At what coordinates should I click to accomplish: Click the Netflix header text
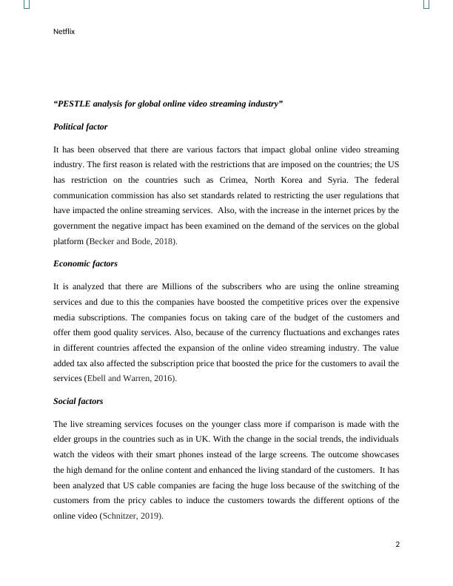(x=64, y=32)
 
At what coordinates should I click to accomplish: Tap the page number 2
(x=397, y=545)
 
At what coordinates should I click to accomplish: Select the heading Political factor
(x=80, y=127)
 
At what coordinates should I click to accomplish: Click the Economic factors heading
(x=85, y=263)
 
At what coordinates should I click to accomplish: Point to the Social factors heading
(x=78, y=401)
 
